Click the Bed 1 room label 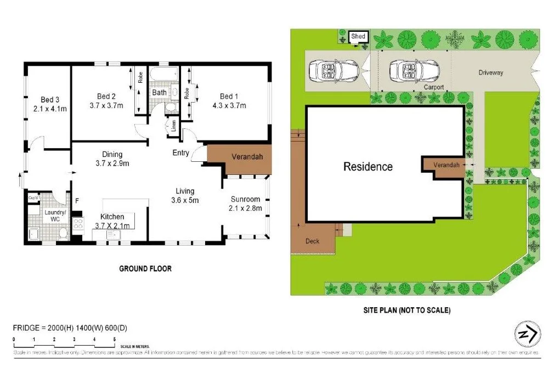point(229,95)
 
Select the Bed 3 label point(50,99)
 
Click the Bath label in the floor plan point(159,92)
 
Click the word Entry point(181,153)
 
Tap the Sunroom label point(245,199)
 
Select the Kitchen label point(112,217)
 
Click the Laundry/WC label point(55,216)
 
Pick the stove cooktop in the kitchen point(78,223)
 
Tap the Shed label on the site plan point(358,37)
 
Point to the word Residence point(368,166)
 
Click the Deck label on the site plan point(312,241)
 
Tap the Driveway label point(490,72)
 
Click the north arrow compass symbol point(527,333)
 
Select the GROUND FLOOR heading point(145,269)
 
